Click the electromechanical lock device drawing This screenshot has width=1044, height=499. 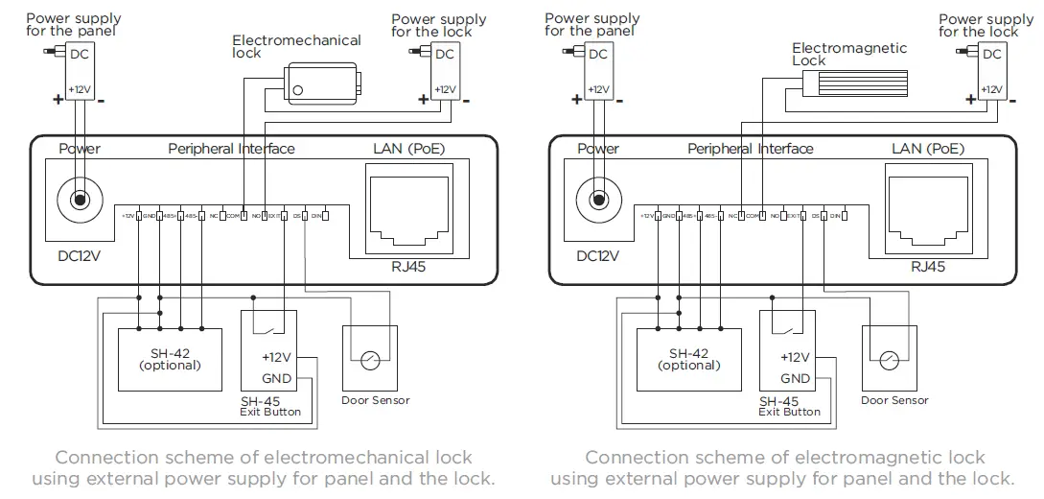[x=323, y=82]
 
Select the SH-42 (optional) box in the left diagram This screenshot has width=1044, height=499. [x=170, y=358]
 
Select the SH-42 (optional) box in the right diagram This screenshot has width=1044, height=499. [x=689, y=358]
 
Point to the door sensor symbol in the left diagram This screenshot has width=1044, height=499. [x=370, y=362]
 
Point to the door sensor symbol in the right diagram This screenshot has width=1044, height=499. [x=890, y=362]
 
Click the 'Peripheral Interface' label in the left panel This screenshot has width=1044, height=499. [x=231, y=149]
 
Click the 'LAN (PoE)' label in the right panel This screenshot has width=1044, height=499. [x=927, y=149]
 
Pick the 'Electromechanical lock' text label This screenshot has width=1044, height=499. [x=295, y=47]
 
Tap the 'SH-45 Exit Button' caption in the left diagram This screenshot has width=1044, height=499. [x=269, y=407]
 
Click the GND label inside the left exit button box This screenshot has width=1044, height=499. [x=276, y=378]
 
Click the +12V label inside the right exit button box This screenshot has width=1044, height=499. [x=795, y=358]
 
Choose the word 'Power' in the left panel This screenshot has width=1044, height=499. [x=80, y=149]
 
